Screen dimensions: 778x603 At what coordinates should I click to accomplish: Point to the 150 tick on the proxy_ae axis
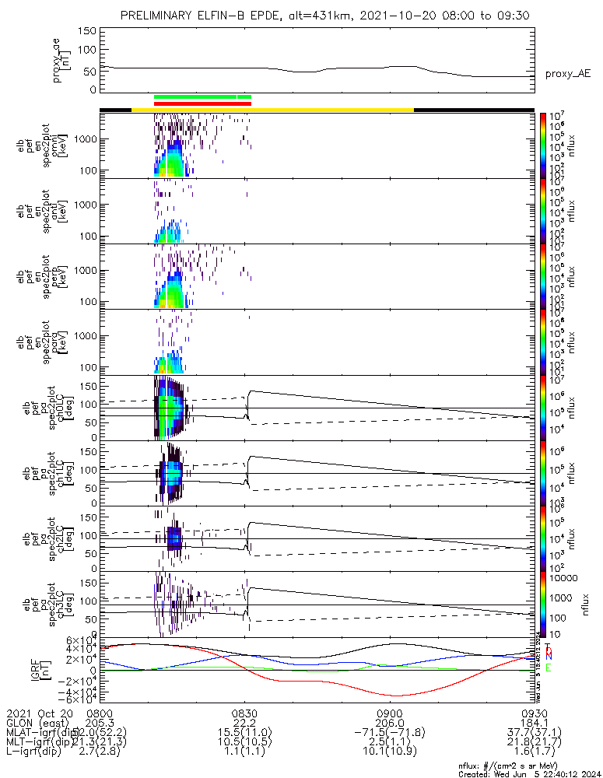tap(87, 31)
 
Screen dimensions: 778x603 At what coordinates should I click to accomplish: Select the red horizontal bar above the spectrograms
tap(202, 103)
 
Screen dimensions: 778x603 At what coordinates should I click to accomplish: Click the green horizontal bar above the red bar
tap(202, 96)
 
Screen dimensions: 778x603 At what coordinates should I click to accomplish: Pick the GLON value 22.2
tap(245, 723)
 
